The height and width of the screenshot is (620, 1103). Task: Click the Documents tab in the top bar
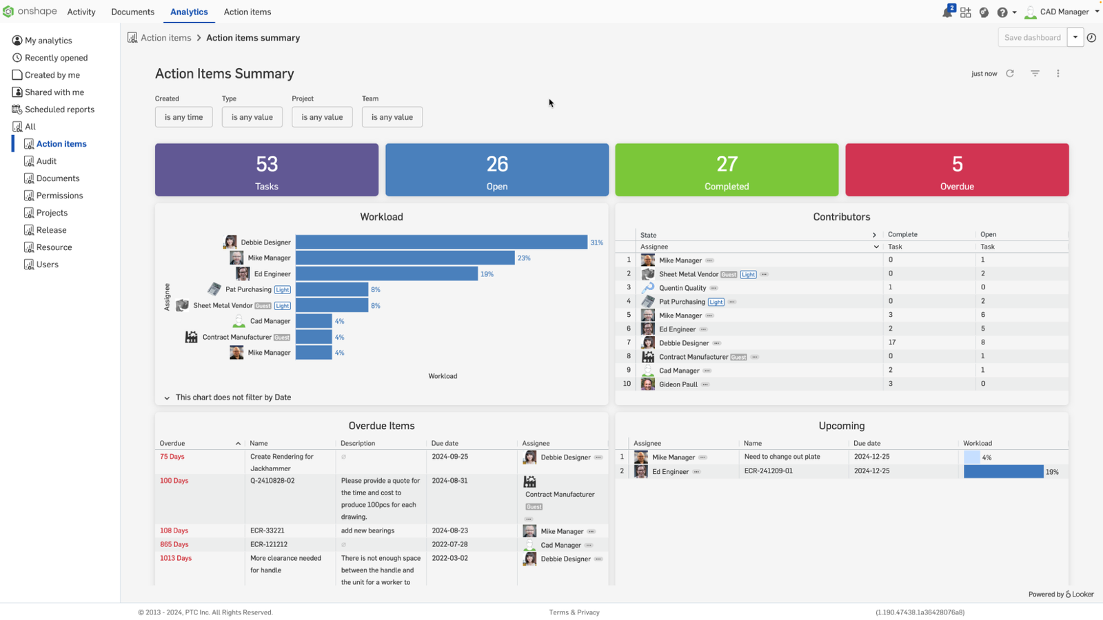(132, 12)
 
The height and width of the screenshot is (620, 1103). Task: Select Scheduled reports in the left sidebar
(59, 110)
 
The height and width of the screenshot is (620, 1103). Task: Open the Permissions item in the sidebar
(59, 196)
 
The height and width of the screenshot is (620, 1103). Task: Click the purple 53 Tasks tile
(267, 170)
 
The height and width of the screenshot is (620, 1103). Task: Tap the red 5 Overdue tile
(957, 170)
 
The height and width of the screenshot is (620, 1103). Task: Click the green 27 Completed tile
(727, 170)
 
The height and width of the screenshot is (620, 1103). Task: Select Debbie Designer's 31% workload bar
(441, 242)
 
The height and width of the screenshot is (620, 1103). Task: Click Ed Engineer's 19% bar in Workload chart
(386, 274)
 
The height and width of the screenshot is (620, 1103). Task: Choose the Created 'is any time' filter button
(183, 117)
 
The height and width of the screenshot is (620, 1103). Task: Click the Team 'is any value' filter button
(392, 117)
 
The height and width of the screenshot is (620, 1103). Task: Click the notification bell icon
(947, 12)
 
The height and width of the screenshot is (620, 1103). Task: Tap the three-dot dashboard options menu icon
(1058, 74)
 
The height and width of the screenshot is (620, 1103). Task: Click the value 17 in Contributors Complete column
(892, 342)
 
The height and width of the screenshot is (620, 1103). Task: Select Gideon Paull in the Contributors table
(678, 384)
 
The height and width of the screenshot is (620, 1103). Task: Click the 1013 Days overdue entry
(176, 558)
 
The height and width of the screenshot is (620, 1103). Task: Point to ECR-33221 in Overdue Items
(267, 530)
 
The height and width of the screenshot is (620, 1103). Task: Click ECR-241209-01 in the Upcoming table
(769, 471)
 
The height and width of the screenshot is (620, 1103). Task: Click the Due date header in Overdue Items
(445, 444)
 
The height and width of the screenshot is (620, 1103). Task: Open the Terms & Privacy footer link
(574, 612)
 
